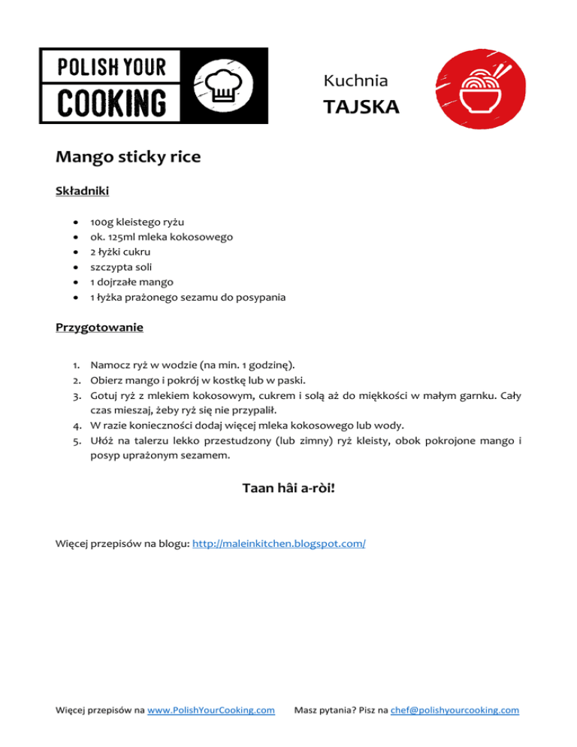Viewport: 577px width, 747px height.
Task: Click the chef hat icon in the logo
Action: [224, 84]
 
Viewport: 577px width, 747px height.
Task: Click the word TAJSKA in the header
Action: [361, 107]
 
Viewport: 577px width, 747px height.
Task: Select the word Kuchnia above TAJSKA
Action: [355, 80]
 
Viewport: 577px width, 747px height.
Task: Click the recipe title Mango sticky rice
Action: [128, 158]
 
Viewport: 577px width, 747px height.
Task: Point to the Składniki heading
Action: [83, 192]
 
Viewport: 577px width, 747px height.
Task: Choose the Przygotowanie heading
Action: [99, 328]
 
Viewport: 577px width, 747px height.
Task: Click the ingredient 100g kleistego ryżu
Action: [137, 222]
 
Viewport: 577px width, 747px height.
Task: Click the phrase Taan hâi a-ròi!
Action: [288, 488]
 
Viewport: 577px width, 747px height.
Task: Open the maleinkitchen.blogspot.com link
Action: [279, 542]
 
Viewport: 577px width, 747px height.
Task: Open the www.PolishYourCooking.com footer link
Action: [211, 709]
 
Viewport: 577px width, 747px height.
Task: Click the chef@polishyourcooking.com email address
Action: [455, 709]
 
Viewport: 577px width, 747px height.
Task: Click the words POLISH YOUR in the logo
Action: [112, 67]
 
